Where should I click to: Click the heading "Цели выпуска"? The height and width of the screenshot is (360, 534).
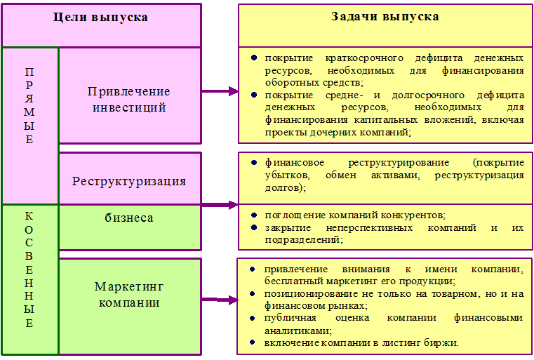point(100,17)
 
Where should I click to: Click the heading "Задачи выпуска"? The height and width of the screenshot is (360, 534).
point(385,16)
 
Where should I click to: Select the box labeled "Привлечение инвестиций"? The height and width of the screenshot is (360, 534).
point(130,95)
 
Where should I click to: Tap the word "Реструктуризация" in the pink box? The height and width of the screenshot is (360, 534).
point(129,181)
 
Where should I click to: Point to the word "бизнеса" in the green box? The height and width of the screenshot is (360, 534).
point(129,218)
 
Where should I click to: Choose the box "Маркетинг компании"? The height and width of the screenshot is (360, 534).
point(130,306)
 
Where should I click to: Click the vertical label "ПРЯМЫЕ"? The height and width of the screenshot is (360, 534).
point(29,105)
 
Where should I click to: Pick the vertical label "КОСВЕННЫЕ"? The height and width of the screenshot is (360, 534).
point(29,269)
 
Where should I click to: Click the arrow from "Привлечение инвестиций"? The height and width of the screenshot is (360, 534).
point(220,91)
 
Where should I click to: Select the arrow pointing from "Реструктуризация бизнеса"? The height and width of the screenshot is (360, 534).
point(220,205)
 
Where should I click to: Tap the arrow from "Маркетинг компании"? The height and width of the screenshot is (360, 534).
point(220,300)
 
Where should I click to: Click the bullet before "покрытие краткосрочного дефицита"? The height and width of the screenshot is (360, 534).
point(254,58)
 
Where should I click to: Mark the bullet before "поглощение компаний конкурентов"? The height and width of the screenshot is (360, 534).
point(254,215)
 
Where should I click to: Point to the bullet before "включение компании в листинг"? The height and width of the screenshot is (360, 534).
point(253,342)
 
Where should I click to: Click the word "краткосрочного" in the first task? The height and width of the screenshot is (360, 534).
point(364,58)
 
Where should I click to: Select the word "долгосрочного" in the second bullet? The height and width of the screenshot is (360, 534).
point(428,95)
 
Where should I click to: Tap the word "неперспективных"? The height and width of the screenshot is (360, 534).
point(370,227)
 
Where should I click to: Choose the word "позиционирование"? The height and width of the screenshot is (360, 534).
point(312,293)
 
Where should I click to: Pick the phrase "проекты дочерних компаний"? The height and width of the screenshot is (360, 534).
point(338,132)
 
